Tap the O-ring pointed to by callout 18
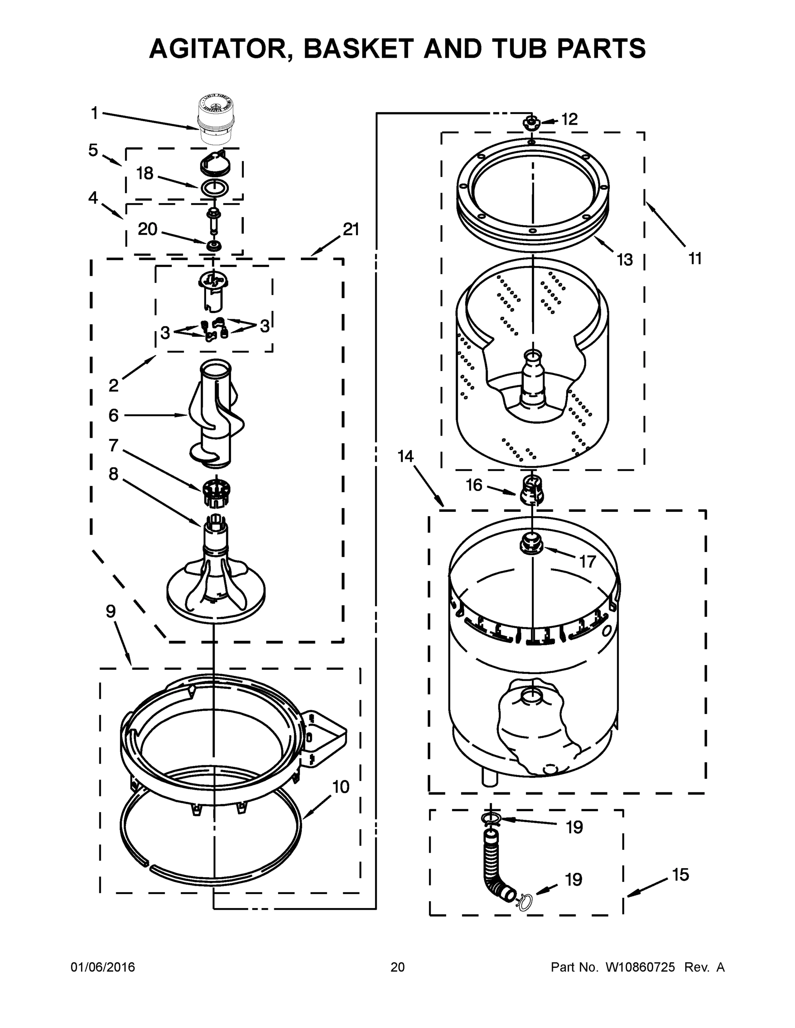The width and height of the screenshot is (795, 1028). (x=215, y=187)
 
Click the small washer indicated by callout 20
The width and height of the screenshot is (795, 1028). (x=214, y=245)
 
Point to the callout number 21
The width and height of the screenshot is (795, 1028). (x=351, y=229)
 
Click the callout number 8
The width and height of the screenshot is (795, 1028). (x=114, y=474)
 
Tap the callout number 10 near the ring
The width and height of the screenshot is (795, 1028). (x=341, y=786)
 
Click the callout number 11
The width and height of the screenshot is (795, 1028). (x=695, y=258)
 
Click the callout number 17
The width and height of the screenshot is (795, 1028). (x=587, y=561)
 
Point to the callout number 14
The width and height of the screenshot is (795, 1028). (x=405, y=456)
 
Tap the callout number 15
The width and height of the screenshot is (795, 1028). (x=681, y=875)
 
